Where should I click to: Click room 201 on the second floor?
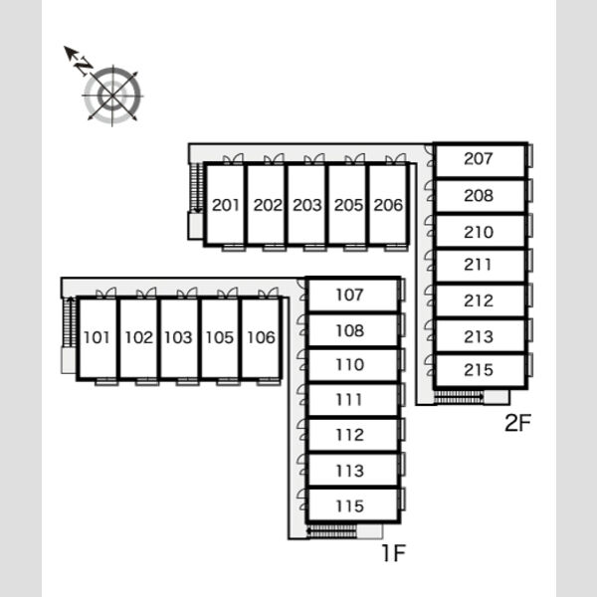click(225, 204)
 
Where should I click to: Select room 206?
click(388, 204)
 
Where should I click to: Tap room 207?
click(480, 160)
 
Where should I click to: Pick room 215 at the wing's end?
click(480, 370)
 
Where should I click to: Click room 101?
click(98, 337)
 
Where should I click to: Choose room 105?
click(220, 337)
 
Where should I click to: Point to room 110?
click(352, 365)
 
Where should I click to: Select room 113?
click(352, 471)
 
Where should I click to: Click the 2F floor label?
click(517, 423)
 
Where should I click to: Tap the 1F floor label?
click(394, 553)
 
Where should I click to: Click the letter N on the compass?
click(84, 66)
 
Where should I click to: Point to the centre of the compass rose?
click(112, 96)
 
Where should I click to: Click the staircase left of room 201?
click(196, 188)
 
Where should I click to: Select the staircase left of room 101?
click(68, 322)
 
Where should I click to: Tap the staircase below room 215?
click(459, 397)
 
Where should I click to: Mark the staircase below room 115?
click(331, 531)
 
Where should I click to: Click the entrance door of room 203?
click(314, 159)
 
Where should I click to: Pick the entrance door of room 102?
click(146, 293)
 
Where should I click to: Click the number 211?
click(479, 265)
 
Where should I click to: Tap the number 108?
click(350, 330)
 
